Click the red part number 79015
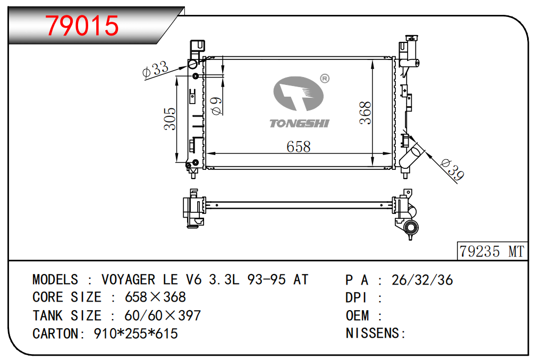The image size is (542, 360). (x=82, y=25)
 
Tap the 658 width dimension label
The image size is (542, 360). (x=298, y=147)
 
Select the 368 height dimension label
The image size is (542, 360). (x=366, y=113)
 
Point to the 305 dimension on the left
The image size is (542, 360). (x=170, y=118)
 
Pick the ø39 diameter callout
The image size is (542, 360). (x=453, y=170)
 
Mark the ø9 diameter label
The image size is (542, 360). (x=216, y=106)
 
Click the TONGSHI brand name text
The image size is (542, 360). (x=299, y=123)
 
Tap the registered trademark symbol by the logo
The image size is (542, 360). (x=325, y=79)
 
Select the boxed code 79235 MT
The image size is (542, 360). (x=492, y=251)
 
